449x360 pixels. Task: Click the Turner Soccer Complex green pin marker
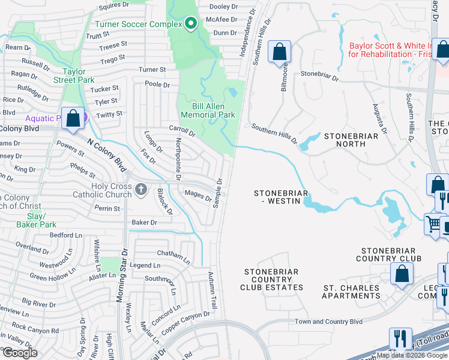click(x=191, y=24)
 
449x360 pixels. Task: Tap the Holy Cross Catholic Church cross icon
click(x=141, y=190)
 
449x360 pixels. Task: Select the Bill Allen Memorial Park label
click(x=208, y=110)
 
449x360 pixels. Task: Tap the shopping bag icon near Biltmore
click(x=279, y=52)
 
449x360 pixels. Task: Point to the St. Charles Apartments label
click(x=351, y=292)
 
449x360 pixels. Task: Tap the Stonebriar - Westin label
click(x=281, y=197)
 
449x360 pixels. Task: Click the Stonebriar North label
click(x=351, y=140)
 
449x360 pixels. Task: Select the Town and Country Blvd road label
click(x=328, y=322)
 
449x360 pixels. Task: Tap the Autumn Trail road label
click(x=211, y=291)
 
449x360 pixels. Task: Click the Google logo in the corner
click(x=20, y=352)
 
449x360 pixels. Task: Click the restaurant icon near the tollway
click(x=399, y=338)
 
